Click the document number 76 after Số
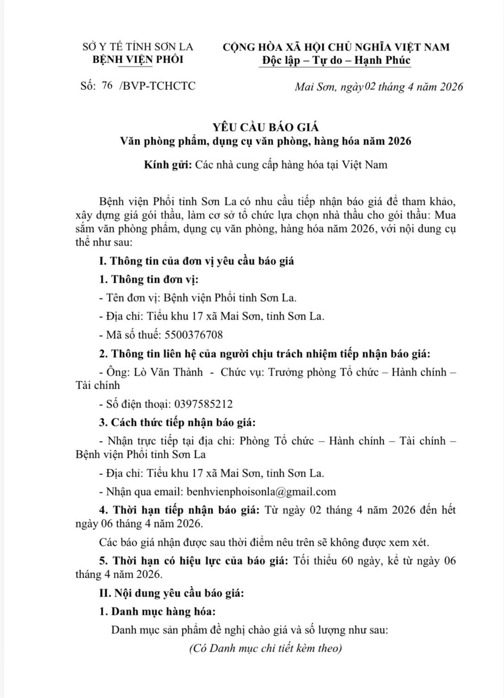(107, 86)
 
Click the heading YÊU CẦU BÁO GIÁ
(265, 127)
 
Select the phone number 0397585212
(203, 404)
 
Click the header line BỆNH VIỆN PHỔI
(138, 60)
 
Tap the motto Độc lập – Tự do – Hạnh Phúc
(336, 60)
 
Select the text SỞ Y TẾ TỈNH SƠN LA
(138, 47)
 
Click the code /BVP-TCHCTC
(157, 86)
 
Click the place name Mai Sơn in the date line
(315, 87)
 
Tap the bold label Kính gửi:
(167, 164)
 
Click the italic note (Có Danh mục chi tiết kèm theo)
(265, 648)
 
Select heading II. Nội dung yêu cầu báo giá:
(171, 593)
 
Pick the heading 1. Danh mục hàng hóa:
(157, 611)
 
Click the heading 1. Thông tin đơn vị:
(149, 279)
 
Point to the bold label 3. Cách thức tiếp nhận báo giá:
(177, 422)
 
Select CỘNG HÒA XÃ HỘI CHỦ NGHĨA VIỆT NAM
(336, 47)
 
